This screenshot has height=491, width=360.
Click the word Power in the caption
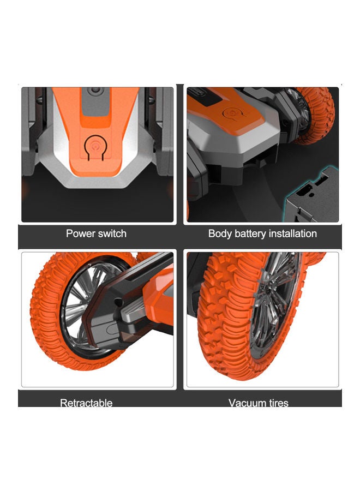coord(80,233)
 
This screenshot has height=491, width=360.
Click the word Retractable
coord(86,403)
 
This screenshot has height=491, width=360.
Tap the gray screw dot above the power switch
coord(96,88)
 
